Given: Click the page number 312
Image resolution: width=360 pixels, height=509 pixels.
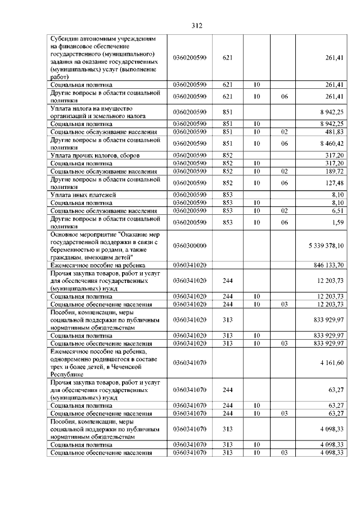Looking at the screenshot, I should tap(196, 26).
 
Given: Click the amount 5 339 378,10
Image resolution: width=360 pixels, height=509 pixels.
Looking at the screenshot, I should tap(326, 246).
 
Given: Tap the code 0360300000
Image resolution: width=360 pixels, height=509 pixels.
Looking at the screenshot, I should tap(191, 246).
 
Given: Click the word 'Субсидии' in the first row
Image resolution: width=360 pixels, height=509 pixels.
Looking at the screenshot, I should tap(64, 38).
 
